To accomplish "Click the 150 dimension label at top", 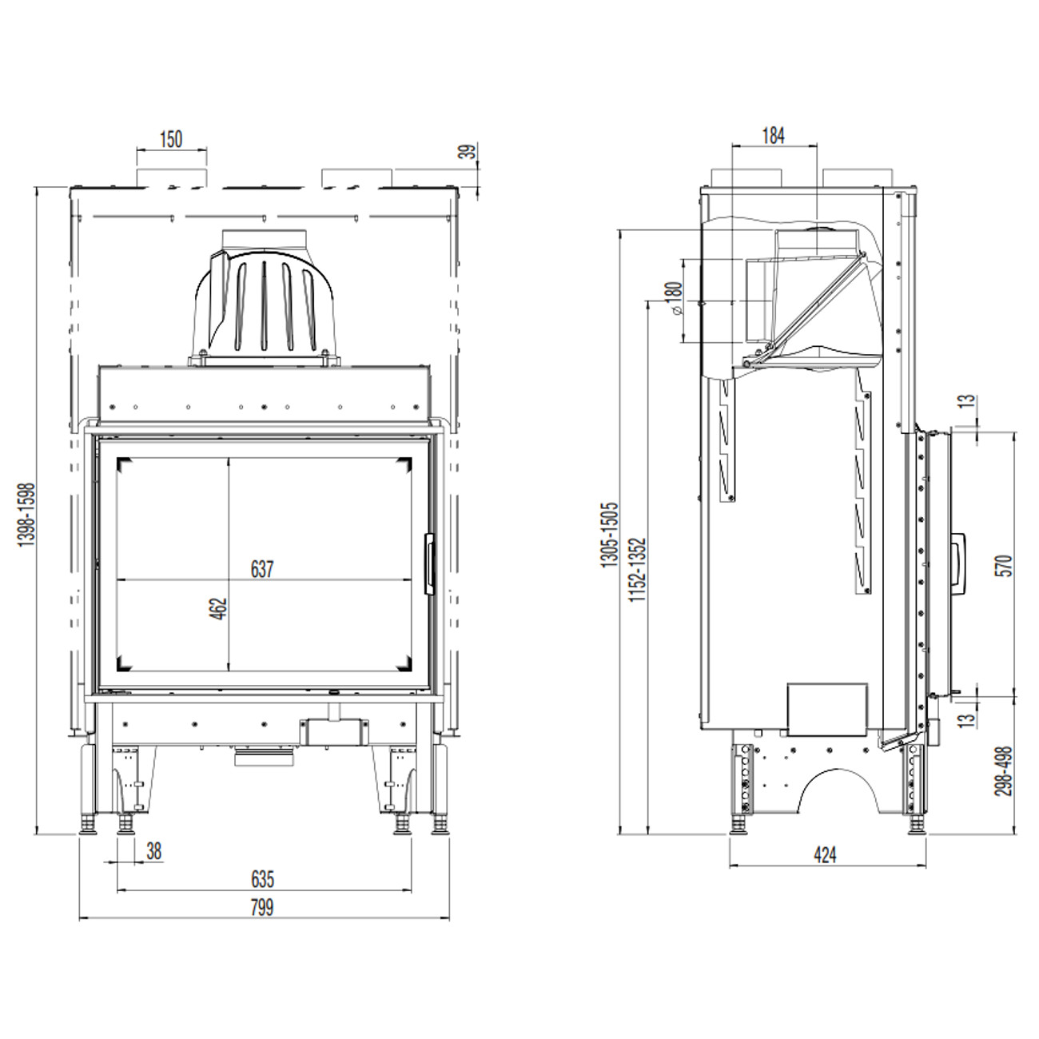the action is tap(171, 139).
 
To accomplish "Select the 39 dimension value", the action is tap(470, 151).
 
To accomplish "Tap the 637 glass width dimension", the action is tap(263, 569).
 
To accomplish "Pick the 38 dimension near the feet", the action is tap(153, 851).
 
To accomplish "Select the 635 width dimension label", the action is tap(263, 879).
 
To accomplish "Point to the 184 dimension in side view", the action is tap(773, 136).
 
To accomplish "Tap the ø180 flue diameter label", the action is tap(675, 298).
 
